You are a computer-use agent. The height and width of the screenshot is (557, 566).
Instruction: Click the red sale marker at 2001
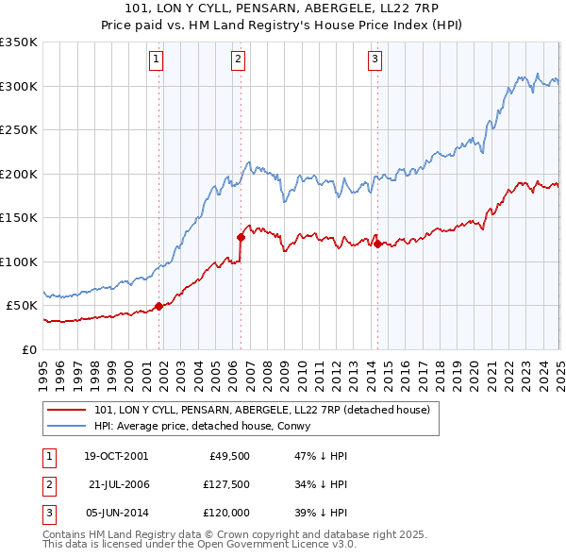[x=158, y=306]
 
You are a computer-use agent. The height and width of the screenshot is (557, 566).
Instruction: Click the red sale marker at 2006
[x=241, y=237]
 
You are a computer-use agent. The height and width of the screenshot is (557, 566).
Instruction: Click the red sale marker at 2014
[x=377, y=244]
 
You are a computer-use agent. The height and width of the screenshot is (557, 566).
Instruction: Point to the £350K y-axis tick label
[x=19, y=42]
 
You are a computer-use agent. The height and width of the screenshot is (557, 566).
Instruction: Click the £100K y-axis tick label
[x=19, y=262]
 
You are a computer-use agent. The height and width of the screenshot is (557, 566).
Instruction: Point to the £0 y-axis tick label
[x=29, y=349]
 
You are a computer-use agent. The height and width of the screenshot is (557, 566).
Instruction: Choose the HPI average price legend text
[x=208, y=426]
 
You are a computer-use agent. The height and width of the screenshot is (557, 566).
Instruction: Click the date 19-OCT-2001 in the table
[x=116, y=455]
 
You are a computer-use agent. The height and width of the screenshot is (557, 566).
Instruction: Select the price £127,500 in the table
[x=225, y=483]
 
